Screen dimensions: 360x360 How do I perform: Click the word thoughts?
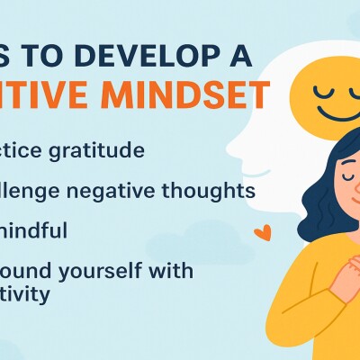pyautogui.click(x=215, y=191)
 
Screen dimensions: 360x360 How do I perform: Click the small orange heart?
pyautogui.click(x=262, y=232)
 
